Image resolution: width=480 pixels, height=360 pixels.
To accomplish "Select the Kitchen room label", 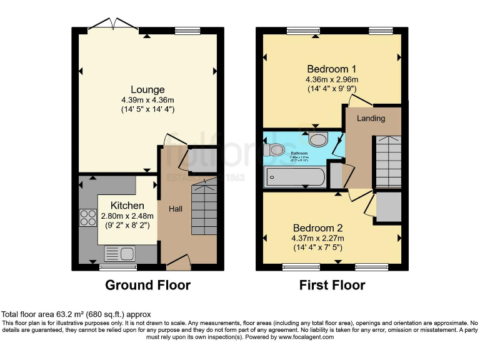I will pos(127,206).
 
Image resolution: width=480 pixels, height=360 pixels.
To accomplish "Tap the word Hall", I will pos(176,209).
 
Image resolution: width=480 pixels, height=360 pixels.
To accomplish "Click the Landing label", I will pos(371,118).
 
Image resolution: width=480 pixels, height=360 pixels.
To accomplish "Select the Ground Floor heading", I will pos(147,286).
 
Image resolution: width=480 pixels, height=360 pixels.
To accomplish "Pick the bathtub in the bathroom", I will pos(295,177).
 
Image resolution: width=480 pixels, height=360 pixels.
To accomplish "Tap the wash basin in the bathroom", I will pos(318,138).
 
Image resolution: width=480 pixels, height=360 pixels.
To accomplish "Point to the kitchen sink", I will pos(120,254).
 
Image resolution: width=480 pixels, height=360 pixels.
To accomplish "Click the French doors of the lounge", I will pos(113,26).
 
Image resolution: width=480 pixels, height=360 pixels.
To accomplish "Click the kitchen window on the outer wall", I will pos(112,267).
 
